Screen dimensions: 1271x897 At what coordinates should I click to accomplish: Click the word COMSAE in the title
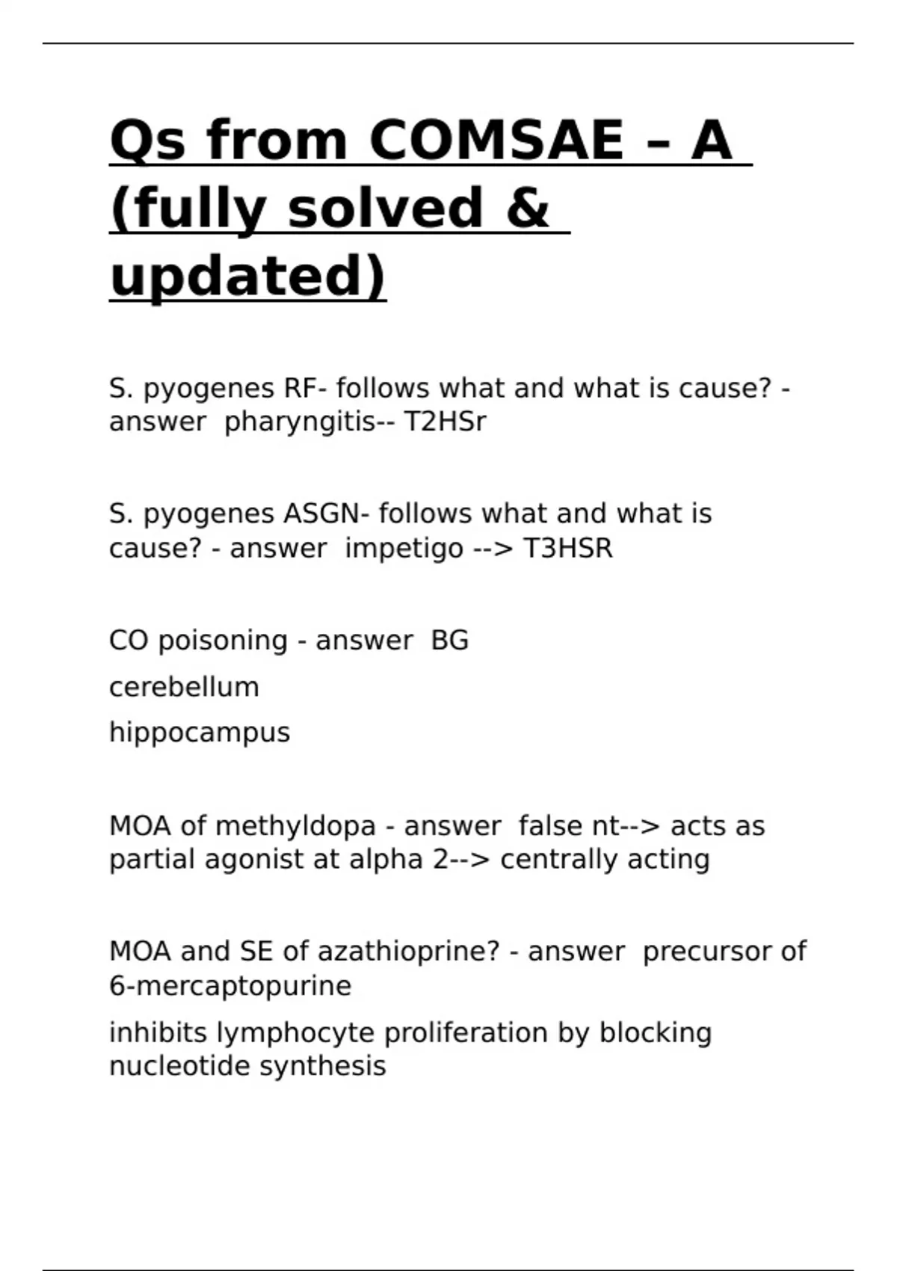click(496, 141)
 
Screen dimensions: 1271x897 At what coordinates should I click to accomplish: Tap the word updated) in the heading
click(247, 275)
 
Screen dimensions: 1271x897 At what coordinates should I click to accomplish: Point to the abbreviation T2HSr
click(445, 422)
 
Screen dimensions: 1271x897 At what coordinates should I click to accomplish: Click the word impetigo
click(404, 549)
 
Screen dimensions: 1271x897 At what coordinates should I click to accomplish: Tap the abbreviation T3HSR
click(567, 548)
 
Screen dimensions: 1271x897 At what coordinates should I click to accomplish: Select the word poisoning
click(223, 641)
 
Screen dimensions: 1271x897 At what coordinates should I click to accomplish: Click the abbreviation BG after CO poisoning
click(449, 640)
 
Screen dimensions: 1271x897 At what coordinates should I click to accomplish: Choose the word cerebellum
click(184, 686)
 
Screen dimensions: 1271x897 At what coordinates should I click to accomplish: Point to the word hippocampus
click(200, 733)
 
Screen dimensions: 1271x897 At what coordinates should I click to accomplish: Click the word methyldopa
click(295, 826)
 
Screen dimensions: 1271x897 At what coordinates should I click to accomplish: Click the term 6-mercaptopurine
click(230, 986)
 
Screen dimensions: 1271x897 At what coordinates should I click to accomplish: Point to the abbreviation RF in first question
click(298, 389)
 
